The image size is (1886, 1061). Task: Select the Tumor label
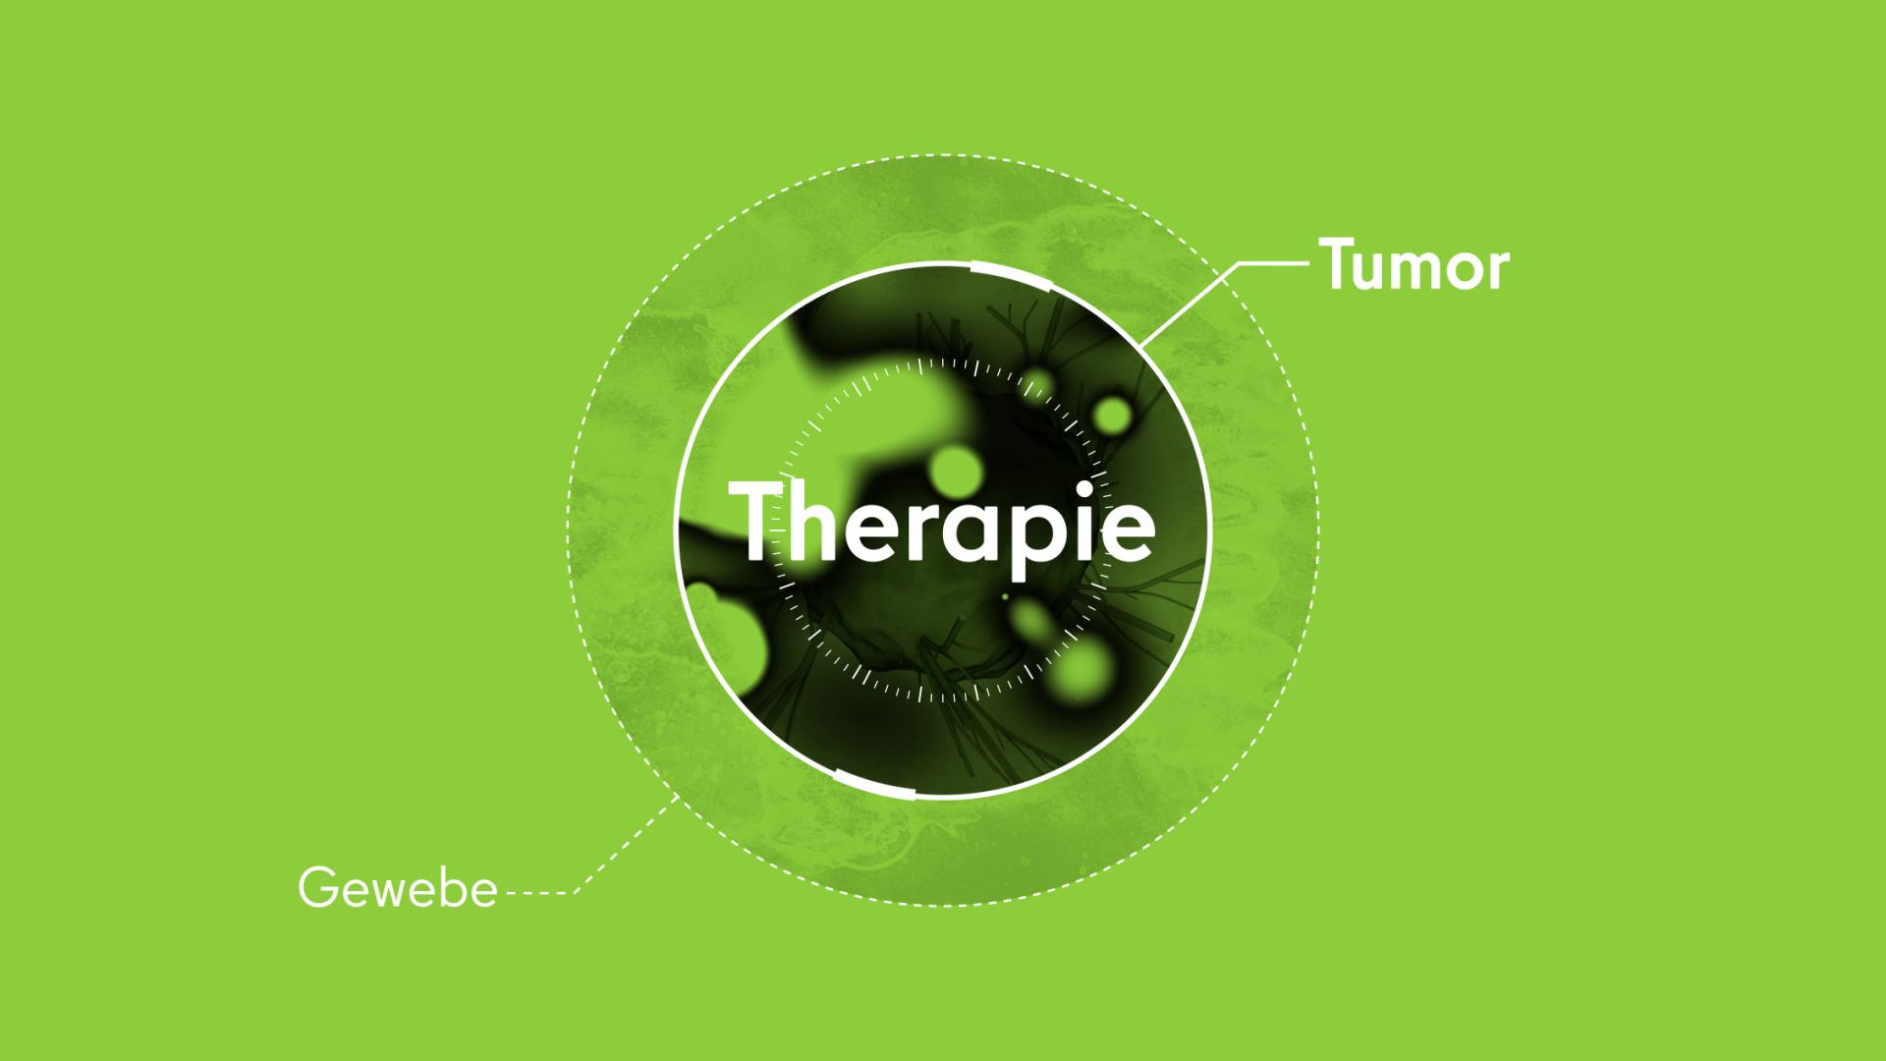click(1414, 265)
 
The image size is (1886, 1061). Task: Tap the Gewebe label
click(398, 889)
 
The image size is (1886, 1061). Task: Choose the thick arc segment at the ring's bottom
click(873, 784)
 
